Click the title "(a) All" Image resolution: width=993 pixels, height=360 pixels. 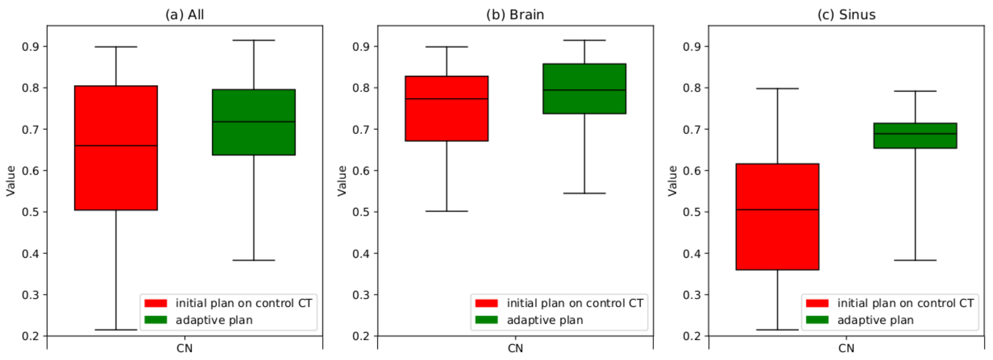click(184, 15)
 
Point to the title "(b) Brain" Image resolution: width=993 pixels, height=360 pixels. click(515, 15)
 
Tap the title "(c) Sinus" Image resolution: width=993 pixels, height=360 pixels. click(846, 15)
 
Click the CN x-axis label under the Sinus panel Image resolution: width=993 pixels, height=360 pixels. click(846, 348)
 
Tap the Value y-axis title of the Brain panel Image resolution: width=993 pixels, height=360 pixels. click(341, 181)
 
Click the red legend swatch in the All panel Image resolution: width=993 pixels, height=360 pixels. click(155, 303)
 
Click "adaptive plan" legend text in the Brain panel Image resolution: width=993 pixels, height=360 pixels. click(545, 320)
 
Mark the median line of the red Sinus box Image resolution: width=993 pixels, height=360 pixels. click(777, 210)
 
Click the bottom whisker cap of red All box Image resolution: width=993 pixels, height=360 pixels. click(116, 330)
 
